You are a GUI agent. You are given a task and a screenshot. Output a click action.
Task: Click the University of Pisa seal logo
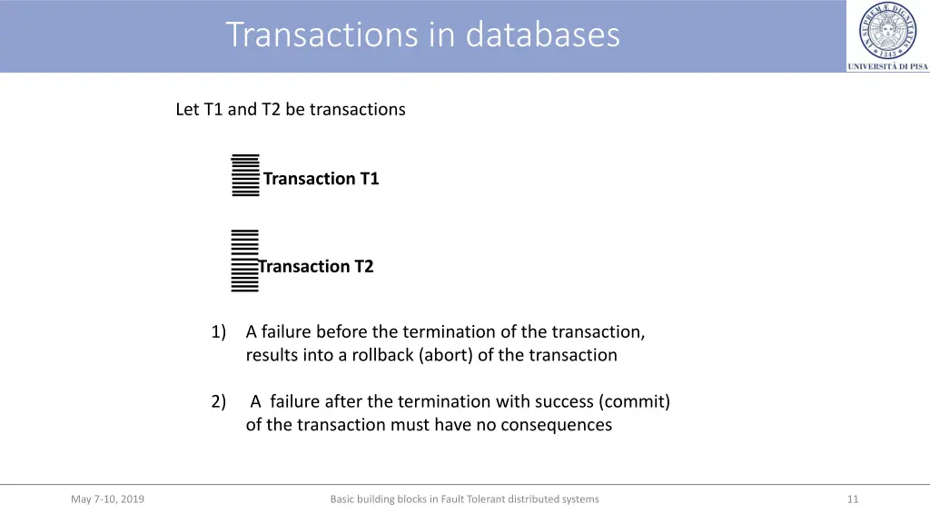tap(887, 30)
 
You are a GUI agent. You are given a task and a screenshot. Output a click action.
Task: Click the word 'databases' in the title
tap(542, 35)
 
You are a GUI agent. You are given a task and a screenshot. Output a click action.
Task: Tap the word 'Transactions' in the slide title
tap(324, 35)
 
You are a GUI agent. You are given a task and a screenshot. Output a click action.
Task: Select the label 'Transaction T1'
tap(321, 179)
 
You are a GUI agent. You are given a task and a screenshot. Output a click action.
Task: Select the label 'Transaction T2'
tap(316, 266)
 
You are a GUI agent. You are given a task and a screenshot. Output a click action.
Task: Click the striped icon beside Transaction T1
tap(245, 175)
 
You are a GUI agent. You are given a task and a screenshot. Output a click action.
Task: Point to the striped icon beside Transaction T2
tap(244, 261)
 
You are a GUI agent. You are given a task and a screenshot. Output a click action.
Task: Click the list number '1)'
tap(218, 331)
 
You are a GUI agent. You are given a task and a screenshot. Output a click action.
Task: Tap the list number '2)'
tap(218, 401)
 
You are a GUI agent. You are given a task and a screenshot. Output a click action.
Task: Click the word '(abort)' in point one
tap(445, 355)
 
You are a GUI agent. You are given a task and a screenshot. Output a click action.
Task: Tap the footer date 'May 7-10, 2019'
tap(107, 498)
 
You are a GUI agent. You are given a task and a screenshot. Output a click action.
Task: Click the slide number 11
tap(852, 498)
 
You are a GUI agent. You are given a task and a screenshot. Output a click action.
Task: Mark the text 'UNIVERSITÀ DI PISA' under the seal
tap(887, 66)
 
